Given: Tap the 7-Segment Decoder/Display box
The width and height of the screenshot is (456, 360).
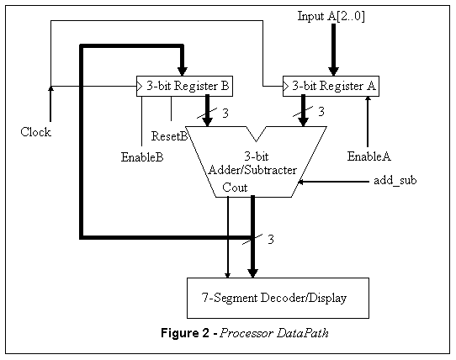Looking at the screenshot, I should [276, 298].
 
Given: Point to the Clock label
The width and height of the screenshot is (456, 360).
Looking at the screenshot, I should [35, 132].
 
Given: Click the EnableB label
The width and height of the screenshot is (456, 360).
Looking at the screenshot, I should [142, 156].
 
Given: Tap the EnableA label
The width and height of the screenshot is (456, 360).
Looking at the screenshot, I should [369, 156].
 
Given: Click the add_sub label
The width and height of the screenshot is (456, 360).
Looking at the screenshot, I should [395, 181].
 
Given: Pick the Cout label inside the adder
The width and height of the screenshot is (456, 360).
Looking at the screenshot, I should [235, 188].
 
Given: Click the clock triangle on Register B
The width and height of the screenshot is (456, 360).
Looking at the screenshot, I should [140, 86].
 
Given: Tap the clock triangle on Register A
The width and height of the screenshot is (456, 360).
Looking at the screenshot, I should [286, 86].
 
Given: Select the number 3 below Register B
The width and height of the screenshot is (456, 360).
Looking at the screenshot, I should [225, 112].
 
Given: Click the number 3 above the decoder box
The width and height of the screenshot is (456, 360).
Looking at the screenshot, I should [271, 241].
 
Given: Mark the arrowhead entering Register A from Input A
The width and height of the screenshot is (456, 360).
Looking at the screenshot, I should [333, 72].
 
